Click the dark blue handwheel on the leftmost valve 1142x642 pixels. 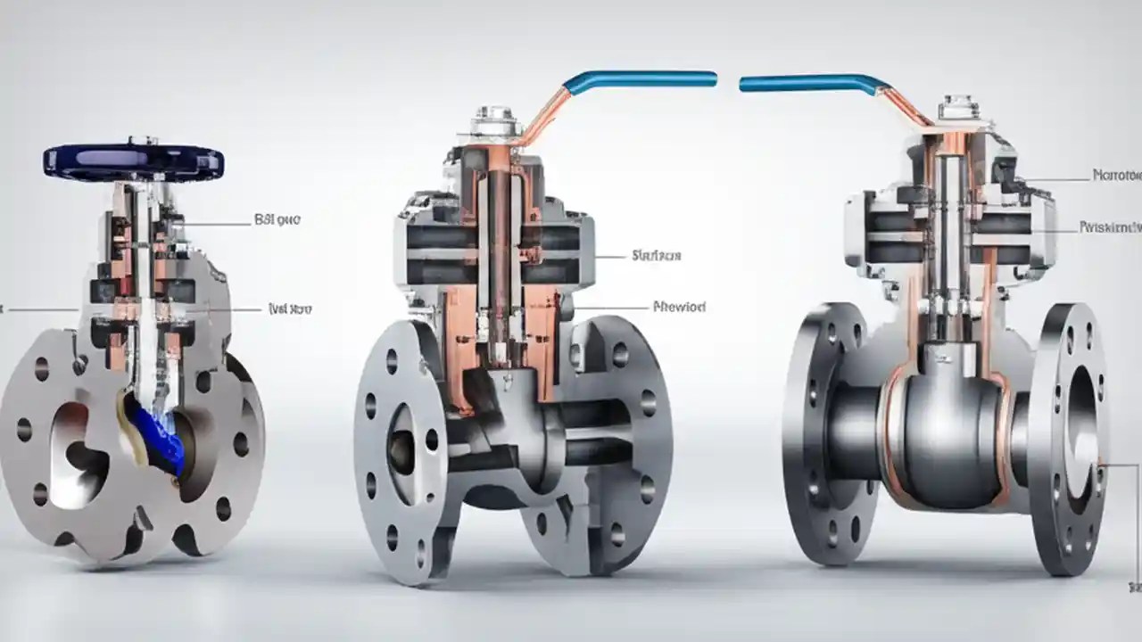coord(133,161)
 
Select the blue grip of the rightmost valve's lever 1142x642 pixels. coord(807,84)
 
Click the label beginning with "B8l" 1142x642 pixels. coord(277,219)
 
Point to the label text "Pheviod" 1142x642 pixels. coord(680,307)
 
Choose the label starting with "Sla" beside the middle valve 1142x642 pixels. coord(656,256)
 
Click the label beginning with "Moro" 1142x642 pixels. coord(1116,176)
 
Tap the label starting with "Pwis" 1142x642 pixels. coord(1110,227)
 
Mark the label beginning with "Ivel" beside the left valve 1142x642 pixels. coord(290,309)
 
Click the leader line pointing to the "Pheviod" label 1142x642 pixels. coord(611,308)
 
